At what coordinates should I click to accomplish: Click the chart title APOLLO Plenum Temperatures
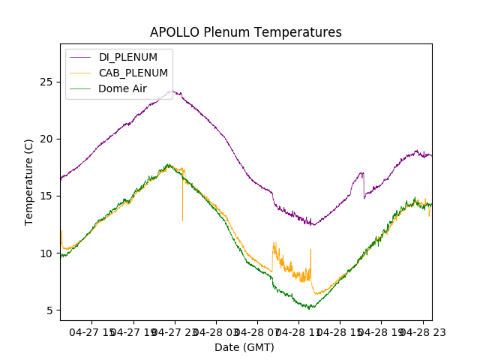click(x=245, y=32)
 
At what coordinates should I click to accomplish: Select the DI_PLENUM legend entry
click(x=128, y=57)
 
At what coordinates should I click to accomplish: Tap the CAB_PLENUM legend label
click(x=133, y=73)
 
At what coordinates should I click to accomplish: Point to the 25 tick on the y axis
click(x=46, y=82)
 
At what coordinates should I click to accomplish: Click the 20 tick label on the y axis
click(x=46, y=139)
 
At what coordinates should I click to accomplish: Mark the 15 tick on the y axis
click(x=46, y=196)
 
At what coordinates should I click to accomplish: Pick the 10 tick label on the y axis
click(x=46, y=253)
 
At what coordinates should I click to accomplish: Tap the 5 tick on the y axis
click(x=49, y=310)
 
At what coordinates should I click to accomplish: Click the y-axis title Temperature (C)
click(x=29, y=183)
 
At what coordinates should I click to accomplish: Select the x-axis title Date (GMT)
click(x=244, y=347)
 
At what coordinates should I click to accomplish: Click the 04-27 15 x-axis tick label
click(x=93, y=331)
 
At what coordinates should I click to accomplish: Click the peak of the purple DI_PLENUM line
click(x=172, y=91)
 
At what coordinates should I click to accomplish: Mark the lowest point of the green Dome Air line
click(x=310, y=307)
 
